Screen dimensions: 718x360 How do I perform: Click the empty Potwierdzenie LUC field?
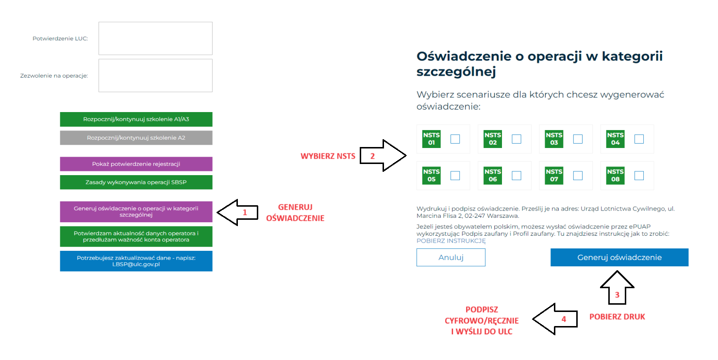tap(155, 38)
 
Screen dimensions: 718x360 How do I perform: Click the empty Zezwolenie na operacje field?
tap(155, 76)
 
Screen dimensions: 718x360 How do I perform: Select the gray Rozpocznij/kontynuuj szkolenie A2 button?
tap(136, 138)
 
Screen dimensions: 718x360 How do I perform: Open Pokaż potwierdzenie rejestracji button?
tap(136, 164)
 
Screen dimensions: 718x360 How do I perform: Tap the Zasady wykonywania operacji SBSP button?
tap(136, 182)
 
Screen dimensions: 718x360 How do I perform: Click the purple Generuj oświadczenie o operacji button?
tap(136, 212)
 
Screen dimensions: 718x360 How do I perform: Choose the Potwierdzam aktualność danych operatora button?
tap(136, 237)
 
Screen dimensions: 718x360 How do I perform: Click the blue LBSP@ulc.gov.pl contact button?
tap(136, 261)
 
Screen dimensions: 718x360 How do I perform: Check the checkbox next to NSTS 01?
tap(455, 139)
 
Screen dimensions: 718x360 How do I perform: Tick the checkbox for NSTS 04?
tap(639, 139)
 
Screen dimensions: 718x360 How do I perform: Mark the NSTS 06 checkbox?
tap(517, 176)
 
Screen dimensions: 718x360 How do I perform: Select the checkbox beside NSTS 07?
tap(578, 176)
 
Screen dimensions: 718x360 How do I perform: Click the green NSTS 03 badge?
tap(554, 139)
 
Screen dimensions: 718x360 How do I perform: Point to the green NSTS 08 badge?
tap(616, 176)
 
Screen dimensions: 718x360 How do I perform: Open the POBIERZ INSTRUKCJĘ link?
tap(451, 241)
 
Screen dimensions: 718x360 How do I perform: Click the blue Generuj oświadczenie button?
tap(619, 258)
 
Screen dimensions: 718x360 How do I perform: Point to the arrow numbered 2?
tap(383, 156)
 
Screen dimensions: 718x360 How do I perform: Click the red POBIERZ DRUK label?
tap(617, 317)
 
